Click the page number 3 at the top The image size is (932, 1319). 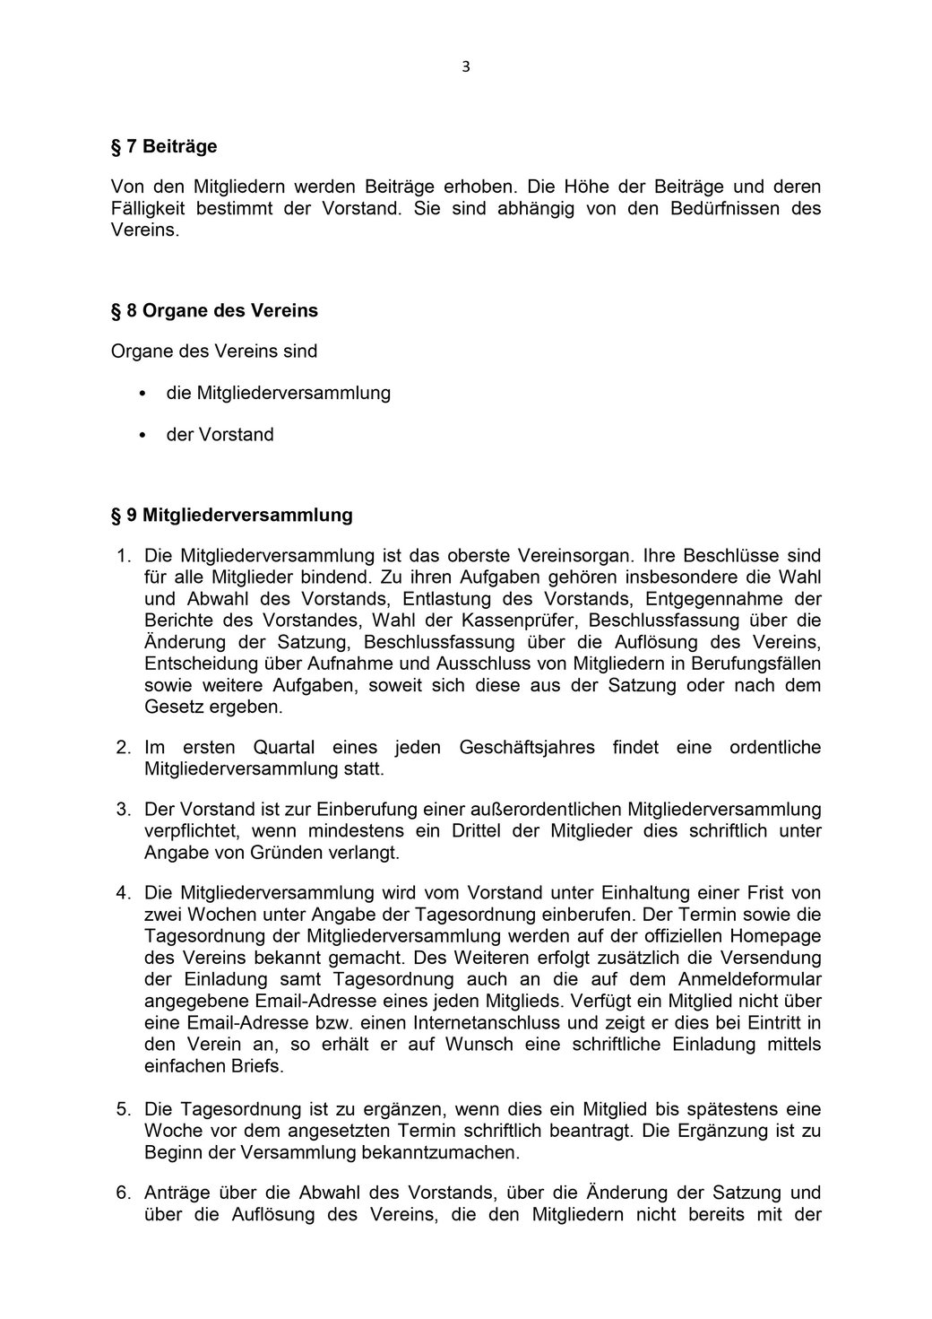click(466, 66)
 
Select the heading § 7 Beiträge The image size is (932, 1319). click(164, 145)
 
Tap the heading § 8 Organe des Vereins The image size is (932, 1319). click(214, 311)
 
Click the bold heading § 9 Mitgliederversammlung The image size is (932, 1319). click(231, 516)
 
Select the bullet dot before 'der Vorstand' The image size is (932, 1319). click(142, 435)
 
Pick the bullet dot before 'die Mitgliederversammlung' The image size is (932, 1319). click(142, 394)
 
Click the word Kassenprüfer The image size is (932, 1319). click(521, 620)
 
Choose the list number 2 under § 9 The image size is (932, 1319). click(124, 748)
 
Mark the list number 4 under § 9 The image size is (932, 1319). click(124, 893)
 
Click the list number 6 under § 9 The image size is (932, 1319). click(124, 1193)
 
